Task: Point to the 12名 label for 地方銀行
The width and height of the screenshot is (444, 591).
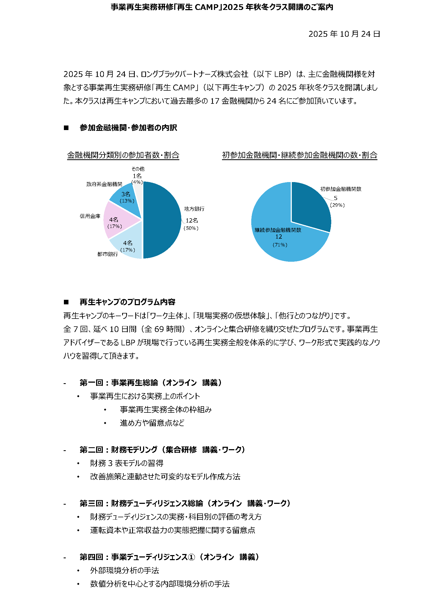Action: [192, 220]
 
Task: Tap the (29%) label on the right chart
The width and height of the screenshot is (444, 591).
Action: [337, 205]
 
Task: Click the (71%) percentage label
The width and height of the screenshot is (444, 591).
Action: [280, 245]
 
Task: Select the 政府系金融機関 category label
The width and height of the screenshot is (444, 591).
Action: [104, 184]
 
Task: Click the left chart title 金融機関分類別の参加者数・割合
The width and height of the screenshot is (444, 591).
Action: [123, 155]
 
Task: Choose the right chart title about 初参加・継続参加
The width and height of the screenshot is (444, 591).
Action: [300, 155]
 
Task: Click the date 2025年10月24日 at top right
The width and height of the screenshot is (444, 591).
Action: [344, 34]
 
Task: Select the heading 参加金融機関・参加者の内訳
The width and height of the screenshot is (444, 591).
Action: [128, 128]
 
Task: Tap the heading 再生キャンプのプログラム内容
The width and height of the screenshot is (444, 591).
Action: [127, 302]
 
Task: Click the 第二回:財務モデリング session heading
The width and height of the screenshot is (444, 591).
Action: [162, 450]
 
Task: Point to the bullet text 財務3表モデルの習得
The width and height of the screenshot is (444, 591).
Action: [127, 463]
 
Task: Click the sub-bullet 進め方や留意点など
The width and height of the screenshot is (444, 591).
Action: [152, 423]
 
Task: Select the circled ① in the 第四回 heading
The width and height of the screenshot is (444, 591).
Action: [191, 557]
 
